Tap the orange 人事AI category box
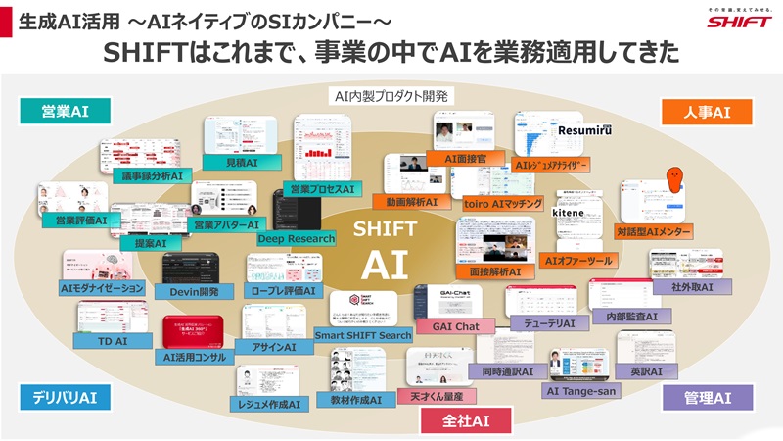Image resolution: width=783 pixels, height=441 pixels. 709,111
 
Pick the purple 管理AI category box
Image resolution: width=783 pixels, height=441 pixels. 709,397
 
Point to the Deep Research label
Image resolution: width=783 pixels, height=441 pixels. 296,238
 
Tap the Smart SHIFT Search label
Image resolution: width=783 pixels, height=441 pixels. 363,335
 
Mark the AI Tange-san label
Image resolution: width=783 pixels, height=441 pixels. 580,390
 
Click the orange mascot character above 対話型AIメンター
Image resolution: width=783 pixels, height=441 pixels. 674,180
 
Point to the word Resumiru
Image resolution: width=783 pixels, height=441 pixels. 583,129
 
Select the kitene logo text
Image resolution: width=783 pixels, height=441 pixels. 568,212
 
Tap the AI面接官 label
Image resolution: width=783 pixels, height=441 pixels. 472,158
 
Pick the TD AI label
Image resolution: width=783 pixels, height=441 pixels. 114,340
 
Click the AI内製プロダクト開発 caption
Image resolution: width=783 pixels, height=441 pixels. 391,95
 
